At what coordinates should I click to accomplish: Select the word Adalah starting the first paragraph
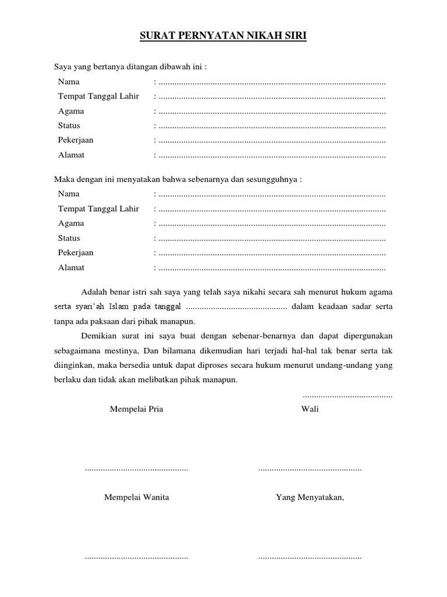tap(95, 292)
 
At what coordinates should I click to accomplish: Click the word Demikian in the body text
tap(98, 336)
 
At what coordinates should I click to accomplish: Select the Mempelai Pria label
tap(137, 409)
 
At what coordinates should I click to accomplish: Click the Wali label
tap(310, 409)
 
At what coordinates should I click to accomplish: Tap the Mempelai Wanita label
tap(137, 497)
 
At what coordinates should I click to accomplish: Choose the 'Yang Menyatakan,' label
tap(310, 497)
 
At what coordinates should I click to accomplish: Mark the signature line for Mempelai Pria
tap(137, 469)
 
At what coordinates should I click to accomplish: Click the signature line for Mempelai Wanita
tap(137, 557)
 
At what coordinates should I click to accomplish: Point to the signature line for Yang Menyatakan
tap(310, 557)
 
